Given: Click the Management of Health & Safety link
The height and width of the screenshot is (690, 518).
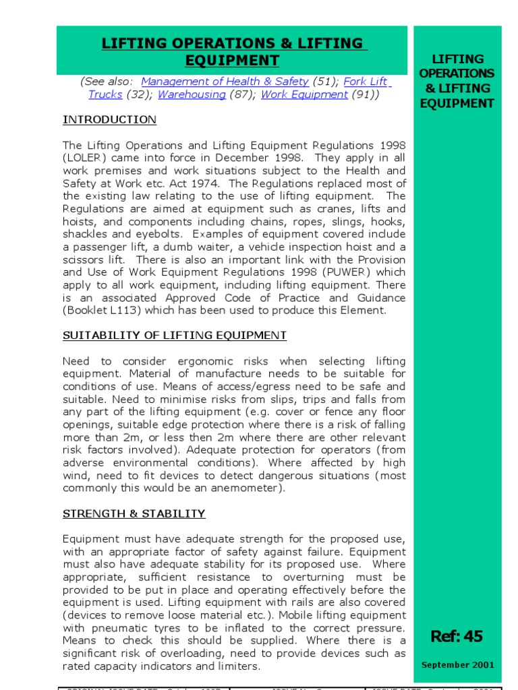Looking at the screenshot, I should (x=225, y=82).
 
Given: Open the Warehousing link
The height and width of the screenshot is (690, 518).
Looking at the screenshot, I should (x=192, y=95).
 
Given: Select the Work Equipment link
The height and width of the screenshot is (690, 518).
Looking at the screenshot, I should (x=304, y=95).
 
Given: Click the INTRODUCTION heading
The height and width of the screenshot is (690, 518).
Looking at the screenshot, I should (x=109, y=120).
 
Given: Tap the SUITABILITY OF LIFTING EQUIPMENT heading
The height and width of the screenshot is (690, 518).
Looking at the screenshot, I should (x=175, y=336).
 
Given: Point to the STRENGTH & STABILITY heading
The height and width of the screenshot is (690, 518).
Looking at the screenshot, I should (x=134, y=513).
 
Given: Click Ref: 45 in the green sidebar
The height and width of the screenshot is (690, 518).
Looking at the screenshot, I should (x=457, y=636).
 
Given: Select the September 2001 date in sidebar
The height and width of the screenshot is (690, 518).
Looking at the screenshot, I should (x=457, y=665).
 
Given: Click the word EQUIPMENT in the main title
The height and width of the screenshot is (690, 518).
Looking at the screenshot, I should (x=232, y=61).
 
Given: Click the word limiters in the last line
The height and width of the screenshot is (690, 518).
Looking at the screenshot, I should (x=238, y=666).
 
